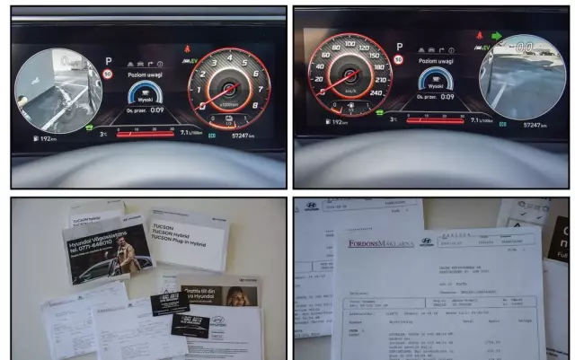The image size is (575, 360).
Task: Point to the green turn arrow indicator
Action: pyautogui.click(x=494, y=37)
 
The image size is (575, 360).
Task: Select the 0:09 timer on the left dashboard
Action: pyautogui.click(x=156, y=110)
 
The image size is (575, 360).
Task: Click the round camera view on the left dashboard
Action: pyautogui.click(x=57, y=91)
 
